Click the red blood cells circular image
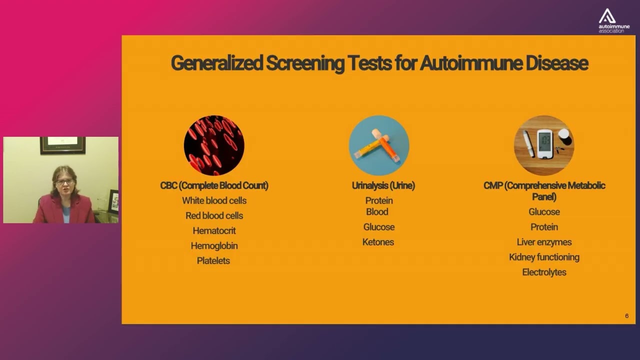(x=214, y=145)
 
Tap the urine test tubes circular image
(x=379, y=145)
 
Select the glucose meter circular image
(x=544, y=145)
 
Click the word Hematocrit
(x=214, y=230)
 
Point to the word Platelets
(x=213, y=260)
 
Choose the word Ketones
(x=378, y=242)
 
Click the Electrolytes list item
(x=544, y=272)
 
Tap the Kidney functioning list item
(x=544, y=257)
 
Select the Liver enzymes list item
(x=544, y=242)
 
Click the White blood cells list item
(x=214, y=200)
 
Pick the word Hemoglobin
(x=214, y=245)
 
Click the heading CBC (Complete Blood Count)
(x=214, y=185)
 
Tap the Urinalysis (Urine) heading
(x=383, y=185)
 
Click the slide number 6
(x=626, y=316)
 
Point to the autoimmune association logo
(x=614, y=20)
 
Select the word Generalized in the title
(x=216, y=63)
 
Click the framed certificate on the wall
(x=62, y=145)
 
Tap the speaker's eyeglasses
(x=64, y=181)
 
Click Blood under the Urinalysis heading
(x=377, y=211)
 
